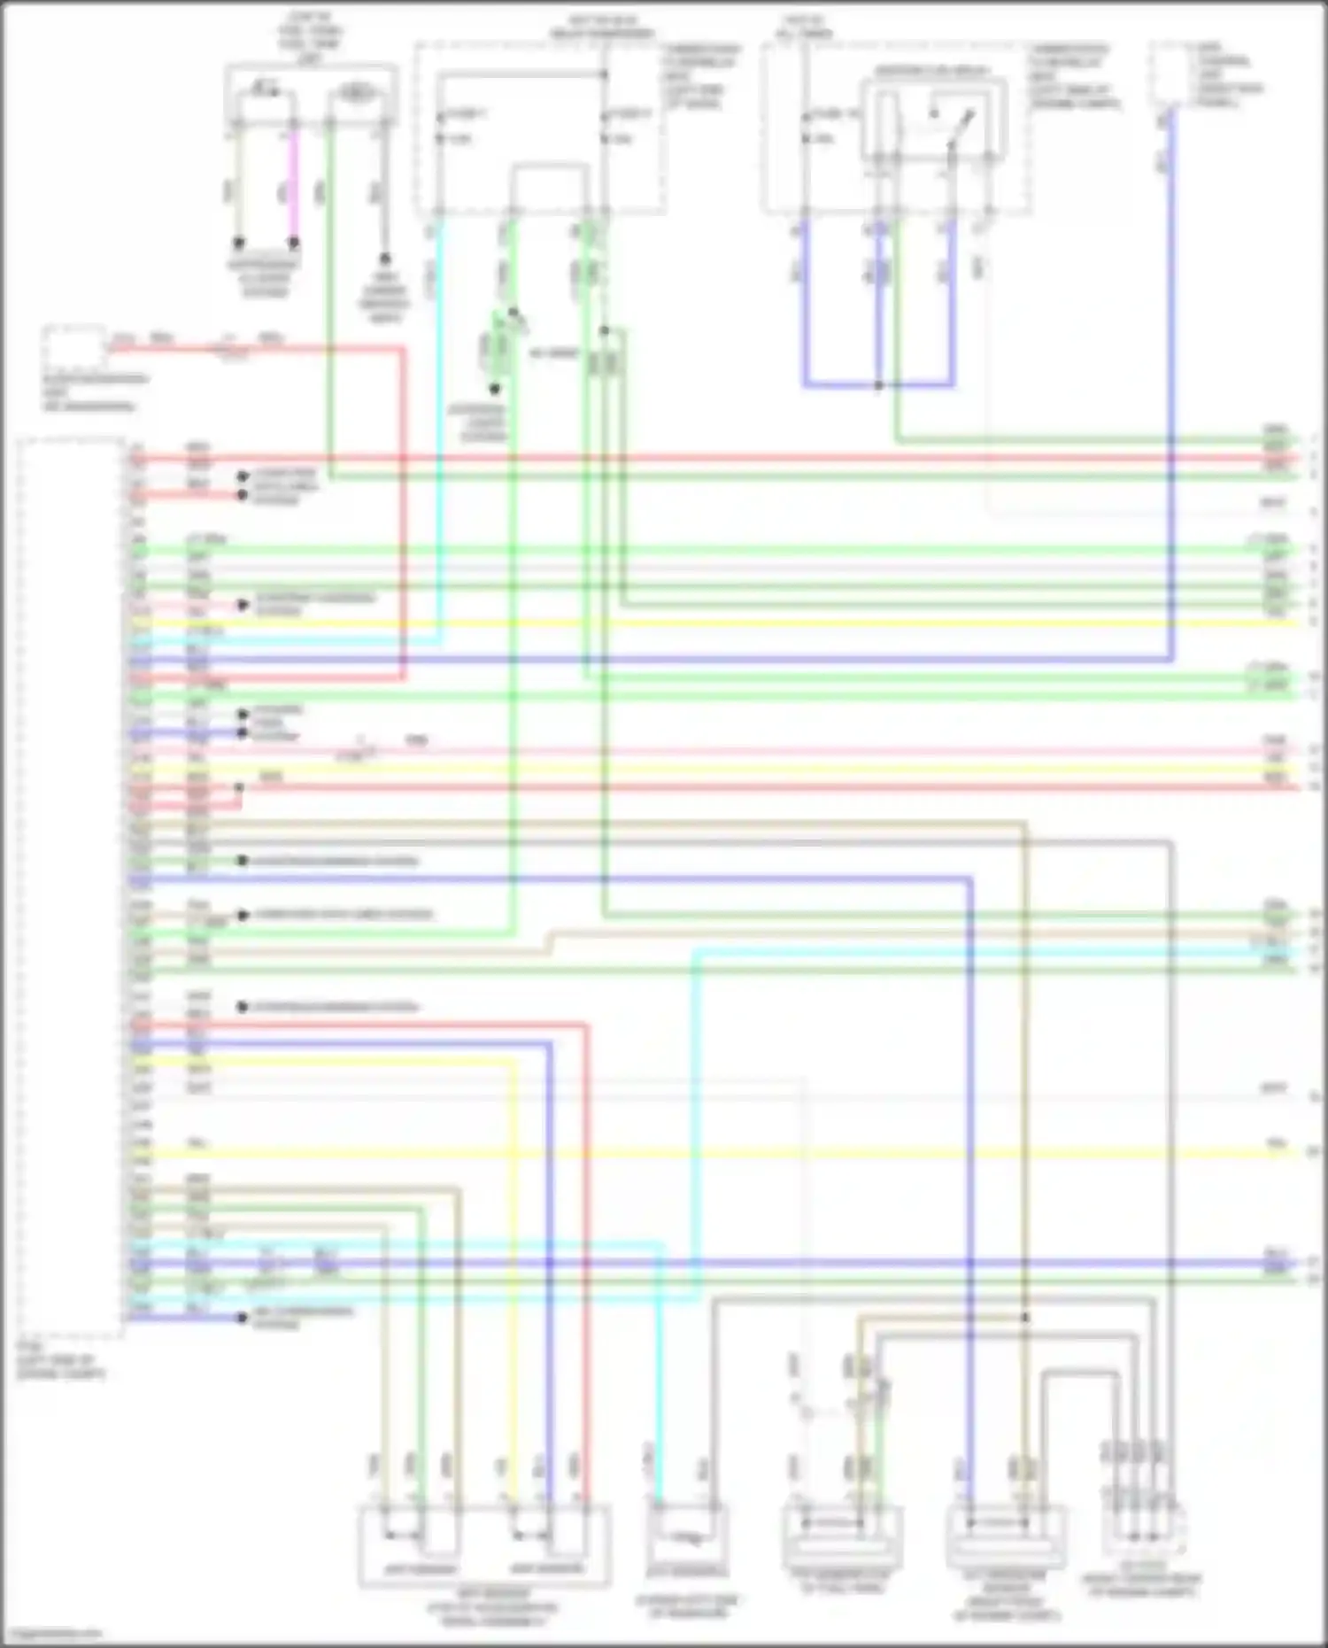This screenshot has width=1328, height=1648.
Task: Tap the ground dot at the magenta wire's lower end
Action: tap(294, 242)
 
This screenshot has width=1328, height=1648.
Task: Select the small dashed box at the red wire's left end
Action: tap(74, 348)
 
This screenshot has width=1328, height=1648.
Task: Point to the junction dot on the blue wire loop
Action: tap(878, 385)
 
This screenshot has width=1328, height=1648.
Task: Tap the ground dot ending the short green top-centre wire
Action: tap(495, 389)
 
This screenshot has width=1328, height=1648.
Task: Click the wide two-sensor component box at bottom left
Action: tap(484, 1546)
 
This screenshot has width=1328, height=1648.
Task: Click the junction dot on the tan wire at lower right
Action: tap(1026, 1317)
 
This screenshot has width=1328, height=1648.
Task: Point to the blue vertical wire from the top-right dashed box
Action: tap(1172, 398)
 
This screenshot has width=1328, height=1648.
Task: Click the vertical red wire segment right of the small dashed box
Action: tap(404, 514)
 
